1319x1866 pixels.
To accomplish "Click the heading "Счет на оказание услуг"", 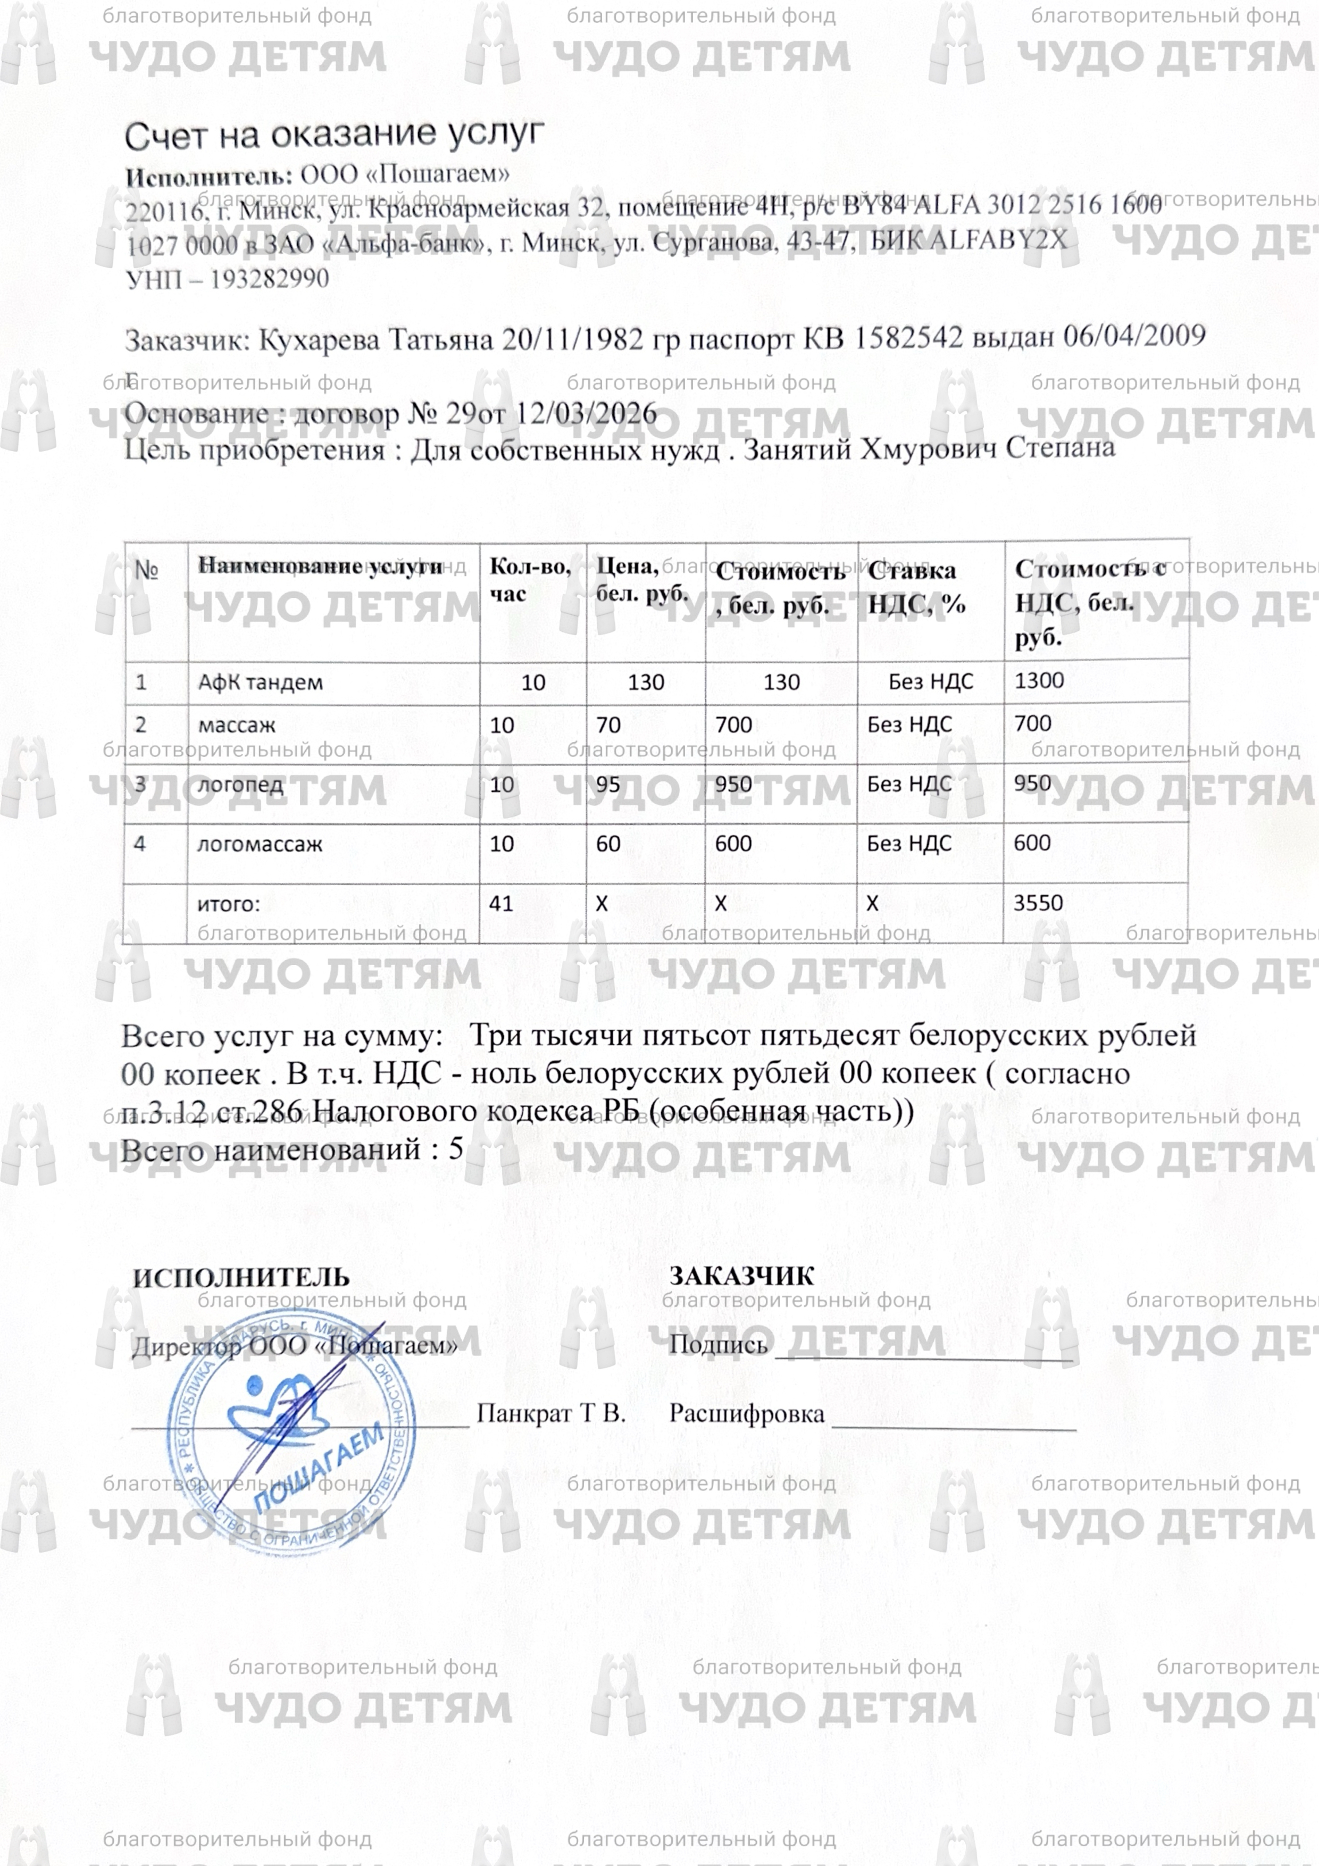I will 333,136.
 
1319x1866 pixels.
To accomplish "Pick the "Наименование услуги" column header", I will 321,567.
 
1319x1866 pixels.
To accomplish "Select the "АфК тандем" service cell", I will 260,682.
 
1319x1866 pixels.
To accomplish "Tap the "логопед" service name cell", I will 240,784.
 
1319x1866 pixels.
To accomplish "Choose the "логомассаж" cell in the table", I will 260,844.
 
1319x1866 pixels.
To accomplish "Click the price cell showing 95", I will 608,784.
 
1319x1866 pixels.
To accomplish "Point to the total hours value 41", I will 502,903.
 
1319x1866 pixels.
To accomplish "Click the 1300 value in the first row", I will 1039,680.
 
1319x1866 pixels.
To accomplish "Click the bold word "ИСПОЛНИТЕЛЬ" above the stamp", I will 241,1277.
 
